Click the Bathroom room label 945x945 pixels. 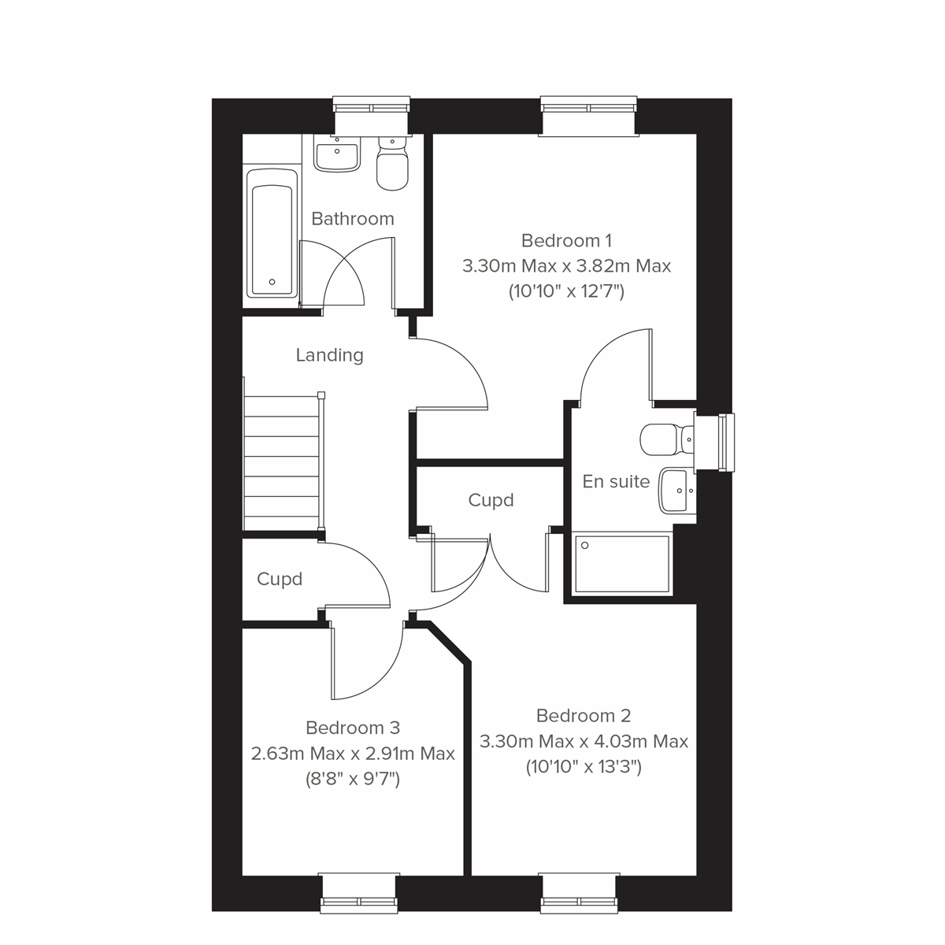click(352, 219)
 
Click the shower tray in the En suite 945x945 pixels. click(622, 564)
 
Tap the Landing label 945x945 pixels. click(329, 355)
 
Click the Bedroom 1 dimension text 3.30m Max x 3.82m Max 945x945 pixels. click(566, 266)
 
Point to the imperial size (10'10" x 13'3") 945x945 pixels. click(584, 767)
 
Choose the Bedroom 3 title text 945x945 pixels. click(353, 728)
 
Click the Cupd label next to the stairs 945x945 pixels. click(280, 580)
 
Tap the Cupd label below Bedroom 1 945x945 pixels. click(491, 501)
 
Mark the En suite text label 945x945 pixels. click(616, 482)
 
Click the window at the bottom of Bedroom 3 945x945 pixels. click(358, 891)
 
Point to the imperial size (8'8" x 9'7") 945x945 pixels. click(353, 780)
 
